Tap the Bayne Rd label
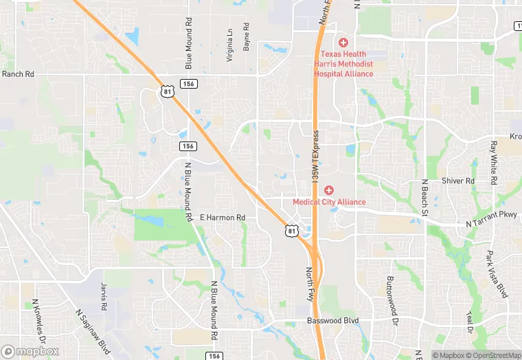(x=246, y=36)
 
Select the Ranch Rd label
(x=18, y=74)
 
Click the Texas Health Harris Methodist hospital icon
(x=343, y=43)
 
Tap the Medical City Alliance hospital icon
(x=329, y=190)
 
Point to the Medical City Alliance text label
(x=329, y=202)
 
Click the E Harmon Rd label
(x=223, y=218)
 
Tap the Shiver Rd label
(x=458, y=181)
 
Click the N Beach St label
(x=424, y=199)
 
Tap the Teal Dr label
(x=470, y=319)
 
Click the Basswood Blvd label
(x=332, y=321)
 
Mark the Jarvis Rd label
(x=104, y=293)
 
